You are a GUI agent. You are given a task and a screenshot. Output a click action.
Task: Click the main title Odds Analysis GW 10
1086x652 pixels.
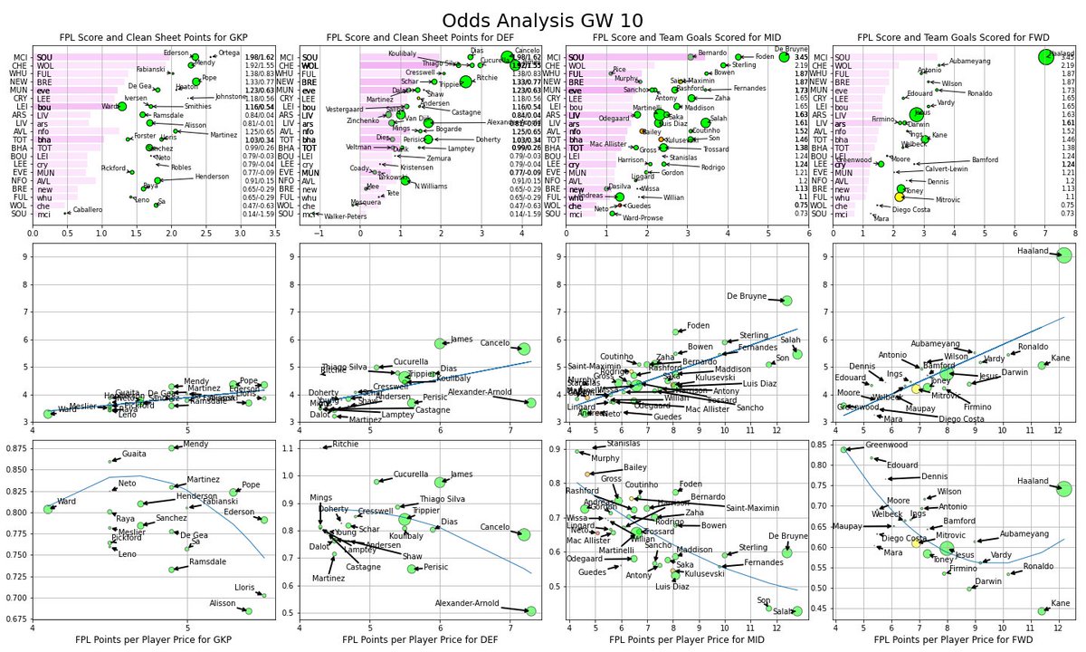pos(543,21)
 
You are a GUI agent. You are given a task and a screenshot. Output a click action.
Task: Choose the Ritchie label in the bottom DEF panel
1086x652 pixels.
pos(346,445)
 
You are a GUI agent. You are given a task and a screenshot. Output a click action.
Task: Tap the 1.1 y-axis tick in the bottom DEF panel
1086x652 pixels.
pos(290,448)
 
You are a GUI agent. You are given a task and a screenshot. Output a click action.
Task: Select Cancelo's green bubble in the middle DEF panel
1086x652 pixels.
pos(523,349)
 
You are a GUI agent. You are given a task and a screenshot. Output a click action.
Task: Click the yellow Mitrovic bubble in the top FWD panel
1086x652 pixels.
pos(899,197)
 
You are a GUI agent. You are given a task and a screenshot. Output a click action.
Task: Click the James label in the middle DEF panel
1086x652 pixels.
pos(462,339)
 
